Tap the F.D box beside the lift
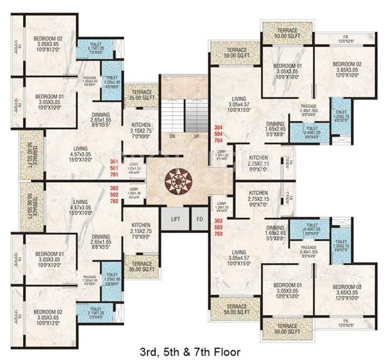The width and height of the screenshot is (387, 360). click(x=199, y=219)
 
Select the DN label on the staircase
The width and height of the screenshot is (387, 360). click(x=173, y=136)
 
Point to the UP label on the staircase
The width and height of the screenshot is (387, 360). click(x=197, y=136)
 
